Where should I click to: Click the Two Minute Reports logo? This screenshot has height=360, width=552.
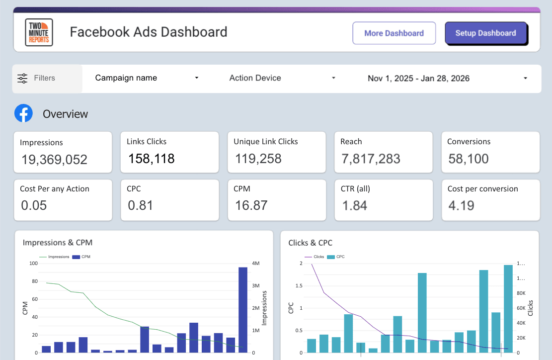point(39,32)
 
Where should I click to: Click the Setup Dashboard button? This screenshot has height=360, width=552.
point(485,33)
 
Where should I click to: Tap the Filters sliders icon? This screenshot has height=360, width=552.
point(23,78)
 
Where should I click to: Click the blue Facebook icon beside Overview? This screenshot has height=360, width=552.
point(23,113)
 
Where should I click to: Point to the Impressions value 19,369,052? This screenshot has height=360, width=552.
point(54,160)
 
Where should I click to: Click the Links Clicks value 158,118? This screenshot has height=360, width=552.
point(152,159)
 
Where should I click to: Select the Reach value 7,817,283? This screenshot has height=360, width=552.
point(371,159)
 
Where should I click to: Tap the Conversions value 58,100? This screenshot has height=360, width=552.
point(469,159)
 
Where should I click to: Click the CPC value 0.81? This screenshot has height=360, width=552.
point(141,205)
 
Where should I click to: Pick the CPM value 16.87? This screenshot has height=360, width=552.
point(251,205)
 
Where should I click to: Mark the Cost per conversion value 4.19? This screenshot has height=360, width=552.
point(461,205)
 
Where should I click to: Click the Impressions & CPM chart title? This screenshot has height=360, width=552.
point(58,243)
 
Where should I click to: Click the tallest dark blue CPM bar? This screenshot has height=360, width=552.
point(243,310)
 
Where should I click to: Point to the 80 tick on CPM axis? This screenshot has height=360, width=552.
point(34,281)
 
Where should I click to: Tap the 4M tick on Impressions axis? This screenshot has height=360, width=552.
point(257,264)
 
